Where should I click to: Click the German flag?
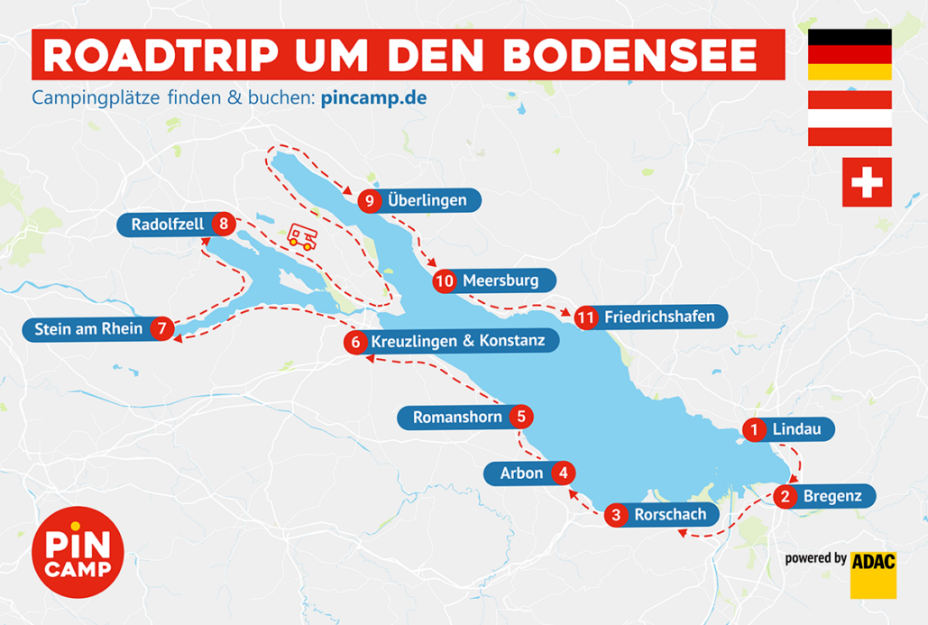point(850,54)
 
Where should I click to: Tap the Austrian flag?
point(850,117)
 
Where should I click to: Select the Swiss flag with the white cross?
point(866,182)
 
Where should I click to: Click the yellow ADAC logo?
point(873,574)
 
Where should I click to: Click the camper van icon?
point(302,237)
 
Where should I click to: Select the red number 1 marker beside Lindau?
point(754,430)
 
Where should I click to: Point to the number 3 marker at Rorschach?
point(616,516)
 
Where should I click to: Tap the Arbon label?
point(521,473)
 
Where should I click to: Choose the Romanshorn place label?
point(456,418)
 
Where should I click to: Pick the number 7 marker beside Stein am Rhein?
point(161,329)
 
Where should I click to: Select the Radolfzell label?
point(167,225)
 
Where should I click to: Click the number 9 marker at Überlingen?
point(369,201)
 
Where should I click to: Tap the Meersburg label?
point(501,281)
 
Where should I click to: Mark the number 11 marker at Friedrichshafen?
point(586,317)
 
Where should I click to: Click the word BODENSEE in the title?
point(629,56)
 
